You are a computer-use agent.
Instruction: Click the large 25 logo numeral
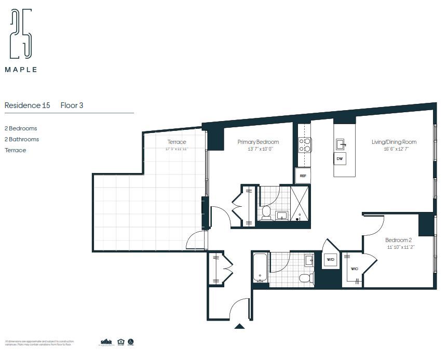click(x=21, y=34)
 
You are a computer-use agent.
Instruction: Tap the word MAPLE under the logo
click(x=21, y=70)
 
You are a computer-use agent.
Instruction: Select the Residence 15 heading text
click(x=27, y=105)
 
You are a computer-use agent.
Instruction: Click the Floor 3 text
click(x=72, y=105)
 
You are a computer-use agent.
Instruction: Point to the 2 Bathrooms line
click(x=22, y=139)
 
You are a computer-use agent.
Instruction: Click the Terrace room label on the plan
click(x=177, y=142)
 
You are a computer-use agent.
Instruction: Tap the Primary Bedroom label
click(x=258, y=142)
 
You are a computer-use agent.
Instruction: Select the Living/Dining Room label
click(x=394, y=142)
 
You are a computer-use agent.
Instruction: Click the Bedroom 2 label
click(x=398, y=240)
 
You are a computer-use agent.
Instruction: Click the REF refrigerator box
click(x=303, y=176)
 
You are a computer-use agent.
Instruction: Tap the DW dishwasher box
click(x=340, y=158)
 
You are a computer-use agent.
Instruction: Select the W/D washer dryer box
click(x=330, y=260)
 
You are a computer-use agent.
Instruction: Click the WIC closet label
click(x=355, y=269)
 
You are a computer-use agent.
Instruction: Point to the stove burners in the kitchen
click(x=304, y=144)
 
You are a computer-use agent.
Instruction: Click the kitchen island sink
click(x=341, y=143)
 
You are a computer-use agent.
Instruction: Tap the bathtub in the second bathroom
click(x=261, y=268)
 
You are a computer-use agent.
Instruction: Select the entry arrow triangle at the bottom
click(x=239, y=326)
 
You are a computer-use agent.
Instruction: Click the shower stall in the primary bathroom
click(x=300, y=203)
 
